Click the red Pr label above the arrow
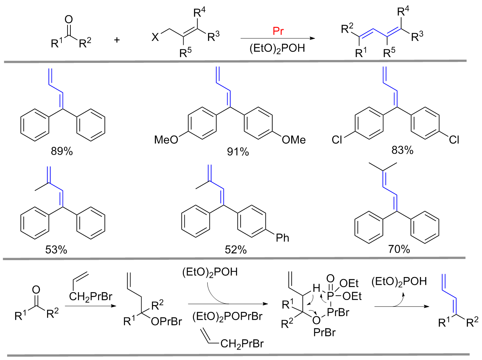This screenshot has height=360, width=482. pos(278,31)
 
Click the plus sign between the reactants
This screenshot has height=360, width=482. pos(117,40)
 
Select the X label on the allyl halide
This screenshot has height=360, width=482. pos(155,37)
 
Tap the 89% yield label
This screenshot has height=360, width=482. pos(62,151)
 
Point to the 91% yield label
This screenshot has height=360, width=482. pos(238,152)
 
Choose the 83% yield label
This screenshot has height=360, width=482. pos(402,150)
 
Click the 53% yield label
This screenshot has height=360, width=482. pos(56,250)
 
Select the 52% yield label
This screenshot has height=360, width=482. pos(236,250)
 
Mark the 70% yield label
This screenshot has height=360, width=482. pos(399,249)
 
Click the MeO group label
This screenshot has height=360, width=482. pos(166,140)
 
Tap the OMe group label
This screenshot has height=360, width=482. pos(294,140)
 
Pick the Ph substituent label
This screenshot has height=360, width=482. pos(282,238)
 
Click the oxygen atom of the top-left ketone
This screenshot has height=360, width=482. pos(68,20)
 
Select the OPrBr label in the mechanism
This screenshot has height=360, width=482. pos(166,322)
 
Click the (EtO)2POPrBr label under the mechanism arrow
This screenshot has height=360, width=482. pos(227,317)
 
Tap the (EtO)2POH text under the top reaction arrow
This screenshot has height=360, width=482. pos(277,48)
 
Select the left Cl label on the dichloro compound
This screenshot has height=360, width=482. pos(337,140)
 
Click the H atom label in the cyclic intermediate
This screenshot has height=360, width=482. pos(316,288)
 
